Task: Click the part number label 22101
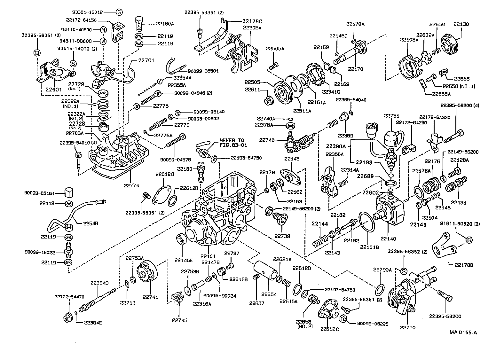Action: (209, 256)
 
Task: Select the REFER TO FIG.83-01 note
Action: (232, 142)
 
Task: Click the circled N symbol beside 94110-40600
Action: (103, 30)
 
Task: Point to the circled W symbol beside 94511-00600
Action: (103, 41)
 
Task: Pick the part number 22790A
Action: (382, 270)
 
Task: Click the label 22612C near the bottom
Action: (329, 329)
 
